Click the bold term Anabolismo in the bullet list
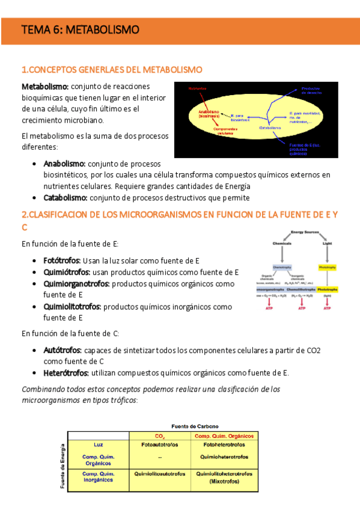64,164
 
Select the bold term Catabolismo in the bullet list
65,198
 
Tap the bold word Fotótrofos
62,260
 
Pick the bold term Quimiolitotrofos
72,307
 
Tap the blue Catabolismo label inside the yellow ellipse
270,127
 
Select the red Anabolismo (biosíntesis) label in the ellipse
206,114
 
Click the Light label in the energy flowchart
327,244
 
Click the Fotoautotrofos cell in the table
160,446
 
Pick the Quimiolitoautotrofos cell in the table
160,474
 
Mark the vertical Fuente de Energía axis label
62,465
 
